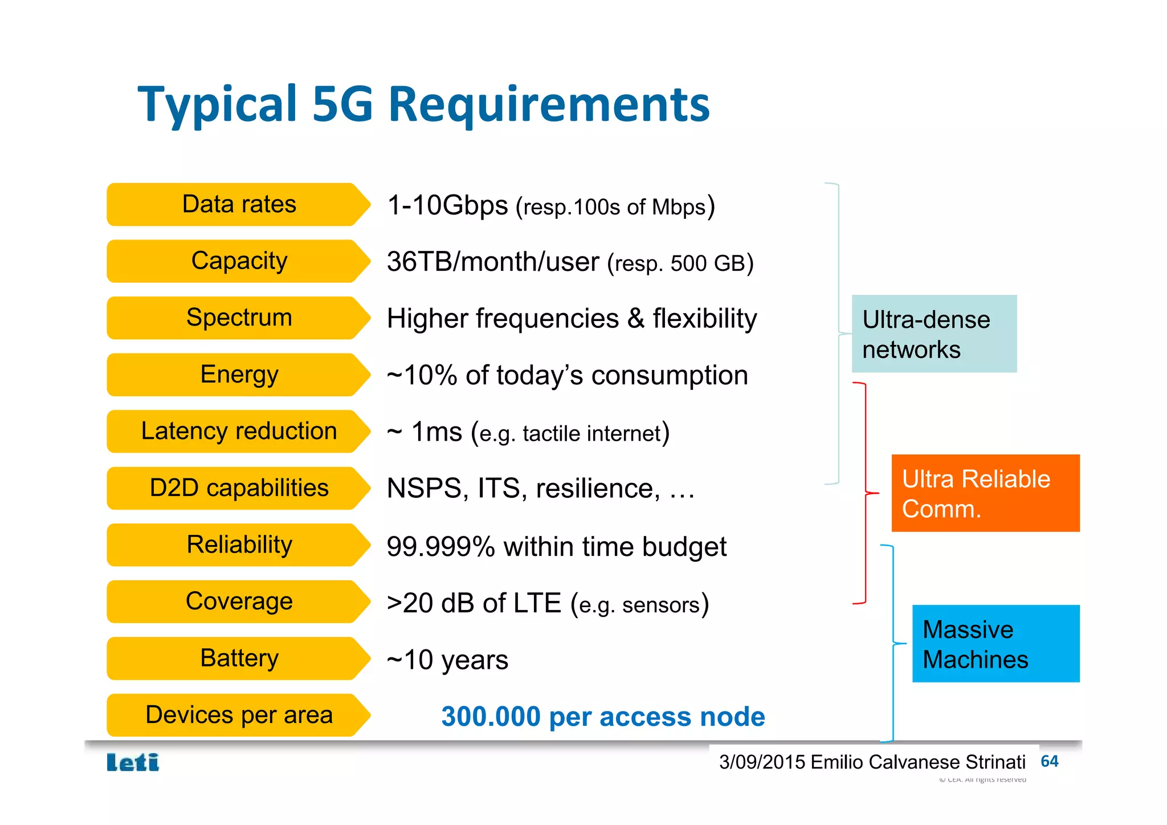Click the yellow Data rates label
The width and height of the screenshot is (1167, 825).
pyautogui.click(x=239, y=204)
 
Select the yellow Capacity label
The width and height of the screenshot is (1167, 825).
pyautogui.click(x=239, y=261)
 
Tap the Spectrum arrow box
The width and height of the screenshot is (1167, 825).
pyautogui.click(x=239, y=318)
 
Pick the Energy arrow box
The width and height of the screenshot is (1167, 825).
pyautogui.click(x=239, y=375)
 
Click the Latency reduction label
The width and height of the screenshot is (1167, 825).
pyautogui.click(x=239, y=431)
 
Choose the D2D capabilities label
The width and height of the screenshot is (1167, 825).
pyautogui.click(x=239, y=488)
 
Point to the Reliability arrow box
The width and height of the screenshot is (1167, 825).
pyautogui.click(x=239, y=544)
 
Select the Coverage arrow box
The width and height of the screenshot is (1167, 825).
pyautogui.click(x=239, y=602)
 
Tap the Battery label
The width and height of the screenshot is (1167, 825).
pyautogui.click(x=239, y=658)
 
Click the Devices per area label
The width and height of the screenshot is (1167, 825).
pyautogui.click(x=239, y=715)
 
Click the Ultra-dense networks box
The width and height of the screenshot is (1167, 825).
pyautogui.click(x=934, y=334)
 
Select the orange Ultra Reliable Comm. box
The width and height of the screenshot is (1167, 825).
pyautogui.click(x=985, y=493)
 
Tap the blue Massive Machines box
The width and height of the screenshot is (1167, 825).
pyautogui.click(x=995, y=644)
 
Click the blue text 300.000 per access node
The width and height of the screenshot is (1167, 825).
pyautogui.click(x=603, y=717)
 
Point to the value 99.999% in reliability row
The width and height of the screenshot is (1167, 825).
pyautogui.click(x=440, y=547)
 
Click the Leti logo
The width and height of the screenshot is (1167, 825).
pyautogui.click(x=133, y=762)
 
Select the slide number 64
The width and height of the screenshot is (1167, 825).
pyautogui.click(x=1049, y=761)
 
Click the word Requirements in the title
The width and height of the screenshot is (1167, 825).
pyautogui.click(x=549, y=104)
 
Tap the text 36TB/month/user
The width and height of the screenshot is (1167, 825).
pyautogui.click(x=493, y=262)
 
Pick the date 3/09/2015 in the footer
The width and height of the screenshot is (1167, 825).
pyautogui.click(x=762, y=762)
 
